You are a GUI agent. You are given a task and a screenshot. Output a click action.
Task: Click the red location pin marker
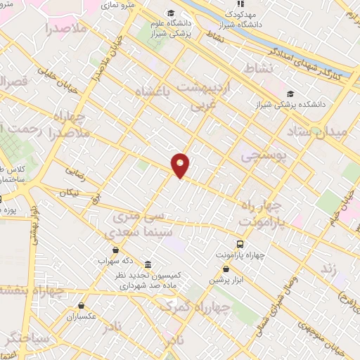(x=181, y=165)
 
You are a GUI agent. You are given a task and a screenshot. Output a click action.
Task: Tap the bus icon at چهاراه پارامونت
(x=241, y=244)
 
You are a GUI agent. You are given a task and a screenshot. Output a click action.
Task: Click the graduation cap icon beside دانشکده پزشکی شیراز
(x=290, y=94)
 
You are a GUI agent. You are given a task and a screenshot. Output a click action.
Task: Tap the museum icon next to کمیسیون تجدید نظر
(x=148, y=265)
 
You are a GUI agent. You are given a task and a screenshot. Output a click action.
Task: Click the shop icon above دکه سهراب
(x=115, y=249)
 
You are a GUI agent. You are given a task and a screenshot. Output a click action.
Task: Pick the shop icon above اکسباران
(x=82, y=305)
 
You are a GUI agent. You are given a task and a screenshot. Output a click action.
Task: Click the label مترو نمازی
(x=119, y=4)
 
